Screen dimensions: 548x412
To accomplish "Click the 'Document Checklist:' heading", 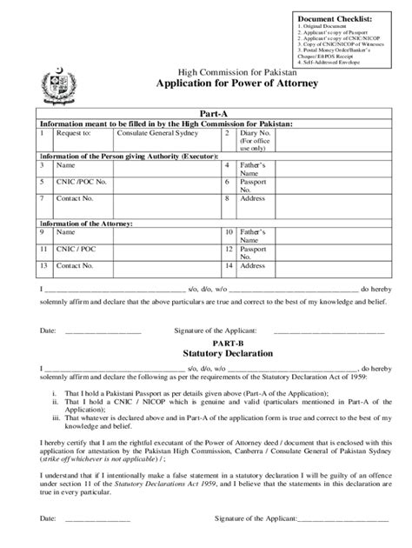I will [334, 18].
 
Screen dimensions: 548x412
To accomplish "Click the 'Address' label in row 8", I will [253, 198].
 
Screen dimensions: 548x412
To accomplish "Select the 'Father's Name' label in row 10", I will [254, 237].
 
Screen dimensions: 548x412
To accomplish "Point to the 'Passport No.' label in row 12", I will [254, 253].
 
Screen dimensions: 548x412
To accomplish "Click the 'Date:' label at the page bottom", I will [48, 519].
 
